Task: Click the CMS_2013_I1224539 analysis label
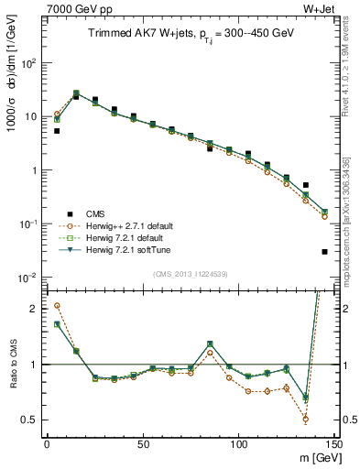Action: [x=190, y=273]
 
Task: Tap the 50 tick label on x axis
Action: [x=143, y=444]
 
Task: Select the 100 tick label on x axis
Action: [x=239, y=444]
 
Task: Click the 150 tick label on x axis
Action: [x=333, y=444]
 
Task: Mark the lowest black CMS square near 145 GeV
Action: [x=325, y=251]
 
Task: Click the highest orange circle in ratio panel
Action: [x=57, y=306]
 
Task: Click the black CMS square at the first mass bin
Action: [x=57, y=131]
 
